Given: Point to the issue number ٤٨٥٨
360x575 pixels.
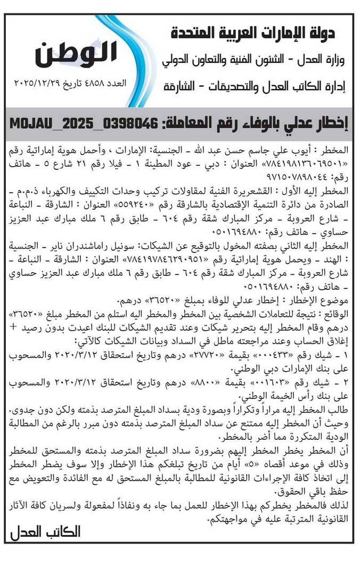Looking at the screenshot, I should point(99,84).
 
